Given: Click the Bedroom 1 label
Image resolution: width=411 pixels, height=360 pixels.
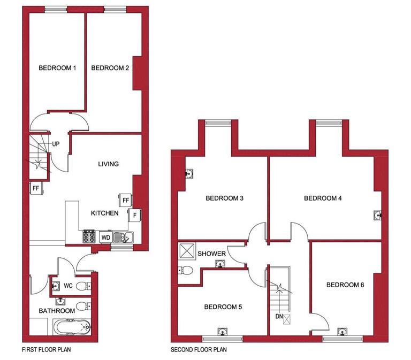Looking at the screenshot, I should click(x=57, y=68).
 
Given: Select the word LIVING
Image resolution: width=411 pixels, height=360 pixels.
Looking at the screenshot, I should click(x=108, y=164).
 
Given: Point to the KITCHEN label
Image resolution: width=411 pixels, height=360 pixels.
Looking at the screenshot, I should click(x=104, y=213).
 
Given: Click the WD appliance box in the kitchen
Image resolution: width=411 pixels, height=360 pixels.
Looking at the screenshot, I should click(x=105, y=236).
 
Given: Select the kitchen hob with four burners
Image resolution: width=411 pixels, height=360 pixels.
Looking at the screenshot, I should click(x=88, y=236).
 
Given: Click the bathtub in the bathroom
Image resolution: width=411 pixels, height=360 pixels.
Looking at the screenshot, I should click(x=72, y=327).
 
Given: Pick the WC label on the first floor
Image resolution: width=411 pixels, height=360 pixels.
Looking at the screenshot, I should click(x=68, y=286).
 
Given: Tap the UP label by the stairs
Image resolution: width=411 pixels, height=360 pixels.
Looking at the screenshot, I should click(x=56, y=144).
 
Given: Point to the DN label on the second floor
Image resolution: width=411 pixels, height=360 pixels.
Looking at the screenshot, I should click(x=279, y=317).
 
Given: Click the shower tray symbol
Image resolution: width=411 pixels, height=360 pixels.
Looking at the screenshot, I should click(x=187, y=250).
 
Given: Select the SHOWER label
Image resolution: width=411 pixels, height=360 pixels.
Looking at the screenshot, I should click(x=211, y=253).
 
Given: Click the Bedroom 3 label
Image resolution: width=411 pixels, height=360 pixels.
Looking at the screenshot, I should click(x=225, y=198).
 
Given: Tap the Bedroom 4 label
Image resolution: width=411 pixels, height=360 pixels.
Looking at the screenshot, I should click(x=323, y=198).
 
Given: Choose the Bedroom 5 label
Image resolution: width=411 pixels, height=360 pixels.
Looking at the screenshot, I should click(x=223, y=307).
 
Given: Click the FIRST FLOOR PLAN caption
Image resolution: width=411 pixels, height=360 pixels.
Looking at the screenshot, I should click(x=47, y=351).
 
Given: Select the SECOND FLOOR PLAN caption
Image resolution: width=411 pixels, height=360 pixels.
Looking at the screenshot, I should click(x=199, y=351).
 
